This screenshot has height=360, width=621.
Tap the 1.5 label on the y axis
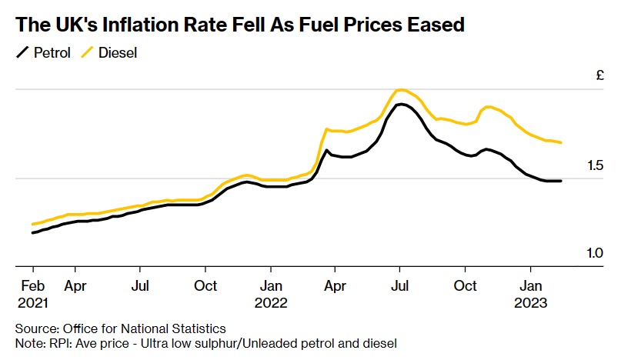(595, 165)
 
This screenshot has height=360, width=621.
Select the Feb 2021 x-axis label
(32, 295)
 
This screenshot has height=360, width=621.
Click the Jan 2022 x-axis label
(270, 295)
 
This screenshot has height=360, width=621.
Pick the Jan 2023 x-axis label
(530, 295)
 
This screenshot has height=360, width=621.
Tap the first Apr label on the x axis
(75, 286)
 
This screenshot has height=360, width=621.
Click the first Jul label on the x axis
(139, 286)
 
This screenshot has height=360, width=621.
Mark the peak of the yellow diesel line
(399, 90)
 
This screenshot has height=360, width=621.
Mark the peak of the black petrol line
(401, 104)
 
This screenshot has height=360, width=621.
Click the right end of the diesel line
(561, 142)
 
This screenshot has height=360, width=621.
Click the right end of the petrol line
(561, 181)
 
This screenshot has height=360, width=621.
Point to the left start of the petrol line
(32, 232)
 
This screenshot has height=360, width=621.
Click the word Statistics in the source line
(196, 328)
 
